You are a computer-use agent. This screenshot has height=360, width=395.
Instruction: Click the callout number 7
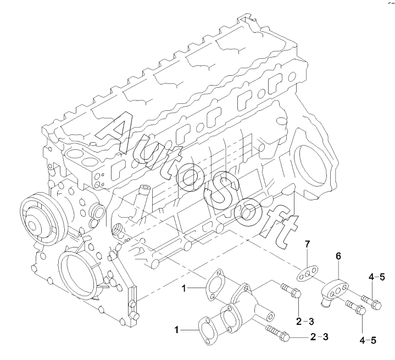pyautogui.click(x=308, y=244)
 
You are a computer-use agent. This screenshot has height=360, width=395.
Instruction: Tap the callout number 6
pyautogui.click(x=338, y=256)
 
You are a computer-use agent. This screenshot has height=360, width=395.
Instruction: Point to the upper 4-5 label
pyautogui.click(x=377, y=278)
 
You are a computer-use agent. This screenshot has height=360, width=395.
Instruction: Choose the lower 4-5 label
pyautogui.click(x=369, y=340)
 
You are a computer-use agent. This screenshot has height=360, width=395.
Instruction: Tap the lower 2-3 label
pyautogui.click(x=319, y=336)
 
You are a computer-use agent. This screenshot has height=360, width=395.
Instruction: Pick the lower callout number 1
pyautogui.click(x=177, y=330)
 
